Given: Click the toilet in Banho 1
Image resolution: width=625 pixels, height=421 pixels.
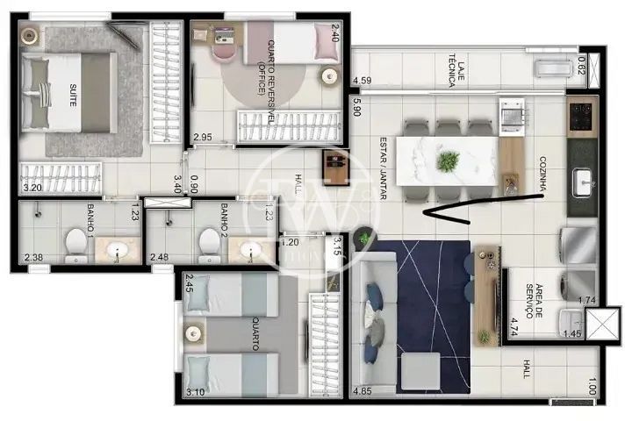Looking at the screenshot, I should [76, 244].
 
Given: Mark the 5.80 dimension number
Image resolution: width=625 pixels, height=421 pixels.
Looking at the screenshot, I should [357, 106].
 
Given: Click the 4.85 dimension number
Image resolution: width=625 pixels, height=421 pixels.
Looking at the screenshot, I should [361, 389].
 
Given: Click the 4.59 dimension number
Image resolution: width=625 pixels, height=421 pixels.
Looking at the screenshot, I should [361, 82].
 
